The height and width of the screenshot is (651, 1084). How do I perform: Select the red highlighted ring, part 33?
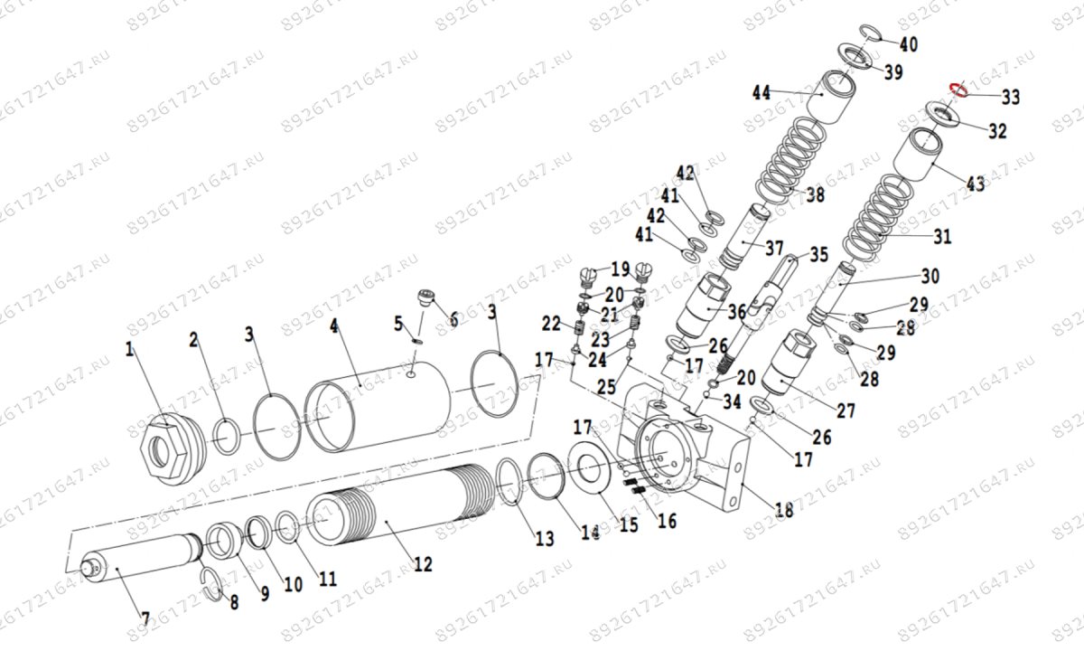point(958,90)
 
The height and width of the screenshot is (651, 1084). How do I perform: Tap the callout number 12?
point(422,564)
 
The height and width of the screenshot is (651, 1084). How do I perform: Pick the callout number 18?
point(783,510)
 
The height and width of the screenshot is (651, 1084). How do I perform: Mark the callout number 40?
point(908,44)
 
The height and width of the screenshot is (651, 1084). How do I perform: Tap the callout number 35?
point(818,255)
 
